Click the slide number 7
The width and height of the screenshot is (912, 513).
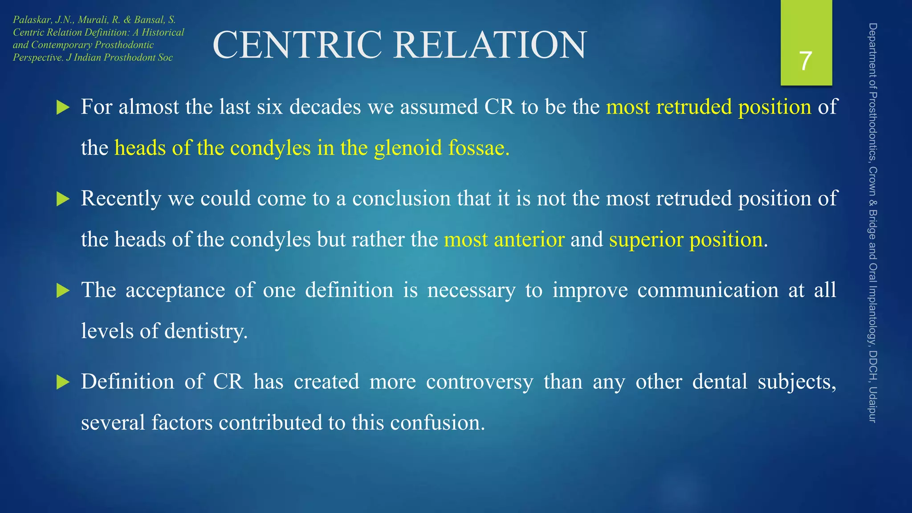pos(805,61)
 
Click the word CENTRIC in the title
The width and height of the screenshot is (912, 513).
pos(297,45)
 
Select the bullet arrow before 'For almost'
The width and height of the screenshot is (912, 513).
pos(63,107)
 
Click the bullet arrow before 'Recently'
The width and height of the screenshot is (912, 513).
pos(63,199)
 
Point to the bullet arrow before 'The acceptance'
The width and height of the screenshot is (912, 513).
pos(63,291)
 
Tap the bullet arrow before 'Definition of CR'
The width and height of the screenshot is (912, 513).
pos(63,382)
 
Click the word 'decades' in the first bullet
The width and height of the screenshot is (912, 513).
pos(325,107)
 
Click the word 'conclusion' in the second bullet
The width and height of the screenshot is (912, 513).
pos(401,199)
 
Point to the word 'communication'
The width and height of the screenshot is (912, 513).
pos(708,290)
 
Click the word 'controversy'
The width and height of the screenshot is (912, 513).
pos(479,382)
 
